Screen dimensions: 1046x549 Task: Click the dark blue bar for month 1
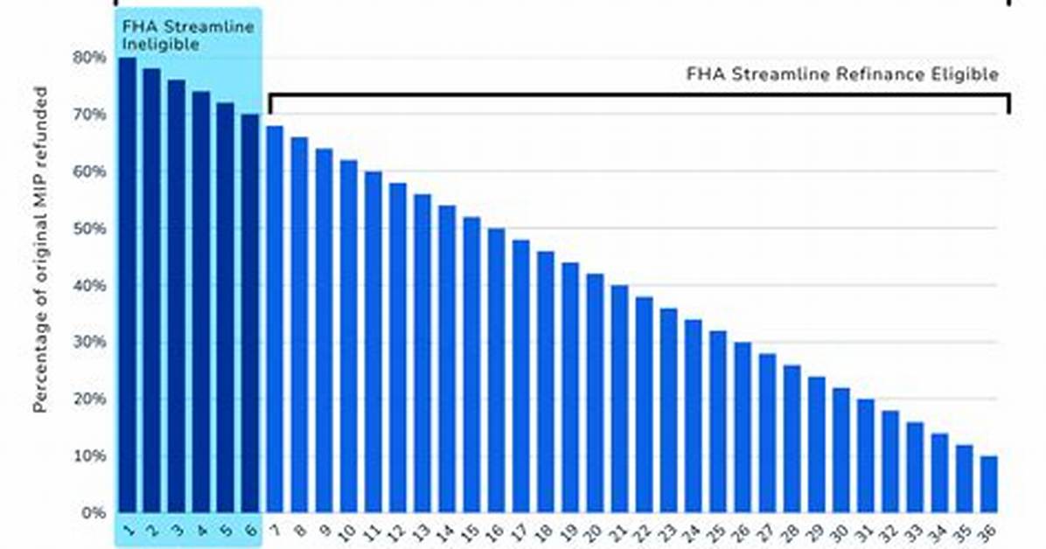(x=128, y=285)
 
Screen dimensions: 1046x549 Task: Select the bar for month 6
(x=251, y=314)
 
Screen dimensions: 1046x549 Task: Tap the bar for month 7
(x=275, y=320)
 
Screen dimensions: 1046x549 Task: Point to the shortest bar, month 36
(x=989, y=484)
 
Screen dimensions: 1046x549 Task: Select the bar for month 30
(x=841, y=450)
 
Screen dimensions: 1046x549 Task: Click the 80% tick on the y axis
(x=89, y=58)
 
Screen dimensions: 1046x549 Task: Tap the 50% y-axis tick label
(x=89, y=229)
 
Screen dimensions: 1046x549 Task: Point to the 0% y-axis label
(x=94, y=514)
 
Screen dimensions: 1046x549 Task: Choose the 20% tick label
(x=89, y=400)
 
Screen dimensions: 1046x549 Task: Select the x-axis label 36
(x=988, y=532)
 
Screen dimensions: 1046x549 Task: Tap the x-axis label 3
(x=177, y=531)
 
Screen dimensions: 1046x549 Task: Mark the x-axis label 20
(x=593, y=532)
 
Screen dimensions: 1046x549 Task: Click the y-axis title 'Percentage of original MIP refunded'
(x=41, y=249)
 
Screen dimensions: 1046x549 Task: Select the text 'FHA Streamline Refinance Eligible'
(x=842, y=74)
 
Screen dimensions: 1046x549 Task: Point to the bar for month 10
(x=349, y=337)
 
